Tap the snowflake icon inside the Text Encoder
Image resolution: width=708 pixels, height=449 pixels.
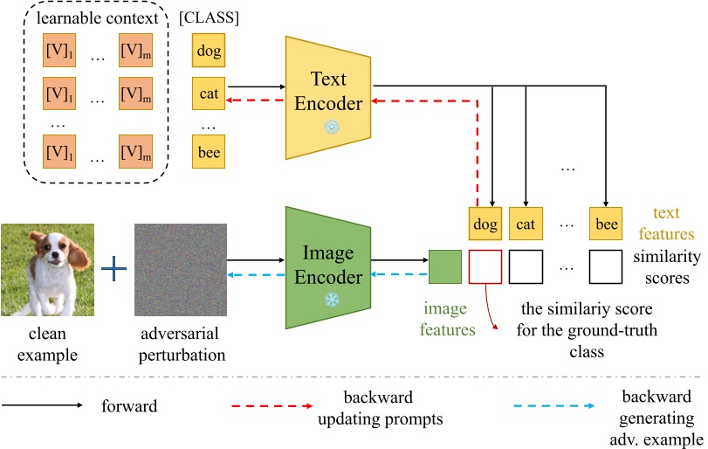point(331,128)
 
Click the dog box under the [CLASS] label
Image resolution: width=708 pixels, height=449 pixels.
point(208,51)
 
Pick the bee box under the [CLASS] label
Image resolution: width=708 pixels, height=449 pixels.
point(208,153)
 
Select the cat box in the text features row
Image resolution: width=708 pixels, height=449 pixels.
point(525,224)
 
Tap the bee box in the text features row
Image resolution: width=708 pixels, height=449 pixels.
point(606,224)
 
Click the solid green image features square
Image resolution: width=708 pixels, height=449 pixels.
point(445,266)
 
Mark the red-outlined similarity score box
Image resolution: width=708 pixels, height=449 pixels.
point(485,266)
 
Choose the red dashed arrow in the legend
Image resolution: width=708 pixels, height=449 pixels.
point(272,406)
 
